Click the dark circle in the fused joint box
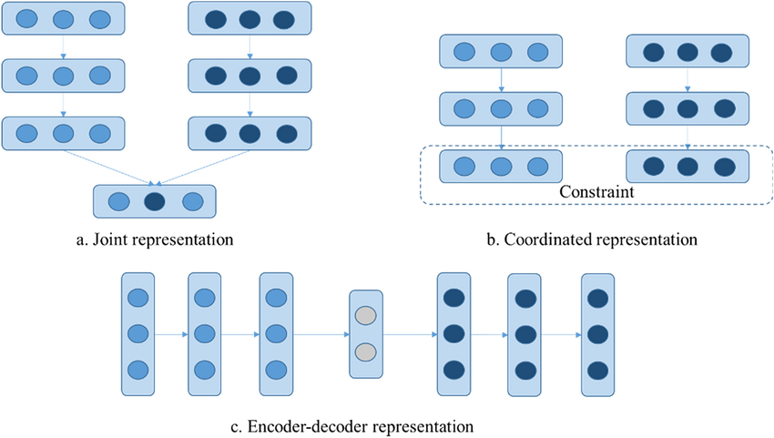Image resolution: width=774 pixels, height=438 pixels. click(x=154, y=201)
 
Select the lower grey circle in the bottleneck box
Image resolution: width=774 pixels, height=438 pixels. click(x=365, y=352)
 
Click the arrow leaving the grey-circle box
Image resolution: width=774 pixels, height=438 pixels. click(x=411, y=333)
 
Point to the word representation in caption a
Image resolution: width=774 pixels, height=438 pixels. click(x=190, y=240)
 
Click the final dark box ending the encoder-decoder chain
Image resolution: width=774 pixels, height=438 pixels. click(x=597, y=333)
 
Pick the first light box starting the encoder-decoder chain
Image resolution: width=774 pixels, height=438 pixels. click(x=137, y=333)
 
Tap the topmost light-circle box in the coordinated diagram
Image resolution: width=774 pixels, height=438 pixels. click(x=500, y=51)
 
